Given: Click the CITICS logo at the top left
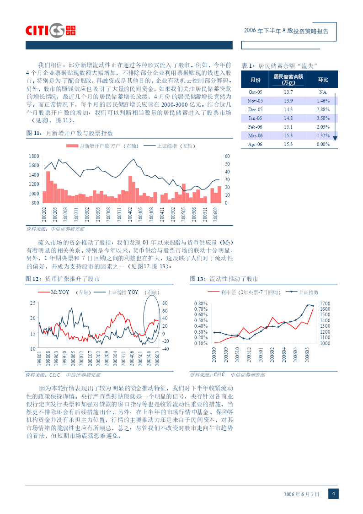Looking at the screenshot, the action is click(50, 31).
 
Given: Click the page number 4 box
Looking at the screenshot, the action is click(333, 493).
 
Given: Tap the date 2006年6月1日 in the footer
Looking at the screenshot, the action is click(301, 494).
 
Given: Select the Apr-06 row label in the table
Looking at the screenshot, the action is click(255, 144).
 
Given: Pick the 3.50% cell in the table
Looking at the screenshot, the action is click(323, 118).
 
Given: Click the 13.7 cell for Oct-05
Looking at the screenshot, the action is click(288, 92).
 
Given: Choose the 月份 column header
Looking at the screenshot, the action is click(256, 80).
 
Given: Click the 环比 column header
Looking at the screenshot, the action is click(323, 80).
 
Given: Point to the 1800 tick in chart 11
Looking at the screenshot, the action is click(34, 156).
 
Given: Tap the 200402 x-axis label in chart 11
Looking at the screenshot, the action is click(130, 214).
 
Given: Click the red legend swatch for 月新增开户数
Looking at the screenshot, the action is click(72, 146).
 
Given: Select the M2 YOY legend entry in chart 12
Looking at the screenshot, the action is click(60, 292).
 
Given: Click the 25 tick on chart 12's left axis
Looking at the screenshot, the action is click(33, 303).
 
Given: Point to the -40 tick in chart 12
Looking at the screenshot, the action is click(165, 349).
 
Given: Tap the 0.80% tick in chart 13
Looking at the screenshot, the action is click(201, 303).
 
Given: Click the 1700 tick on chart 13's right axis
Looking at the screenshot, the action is click(325, 303).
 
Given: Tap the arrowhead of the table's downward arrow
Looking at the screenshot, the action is click(335, 138).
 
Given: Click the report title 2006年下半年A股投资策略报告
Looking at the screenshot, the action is click(286, 31).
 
